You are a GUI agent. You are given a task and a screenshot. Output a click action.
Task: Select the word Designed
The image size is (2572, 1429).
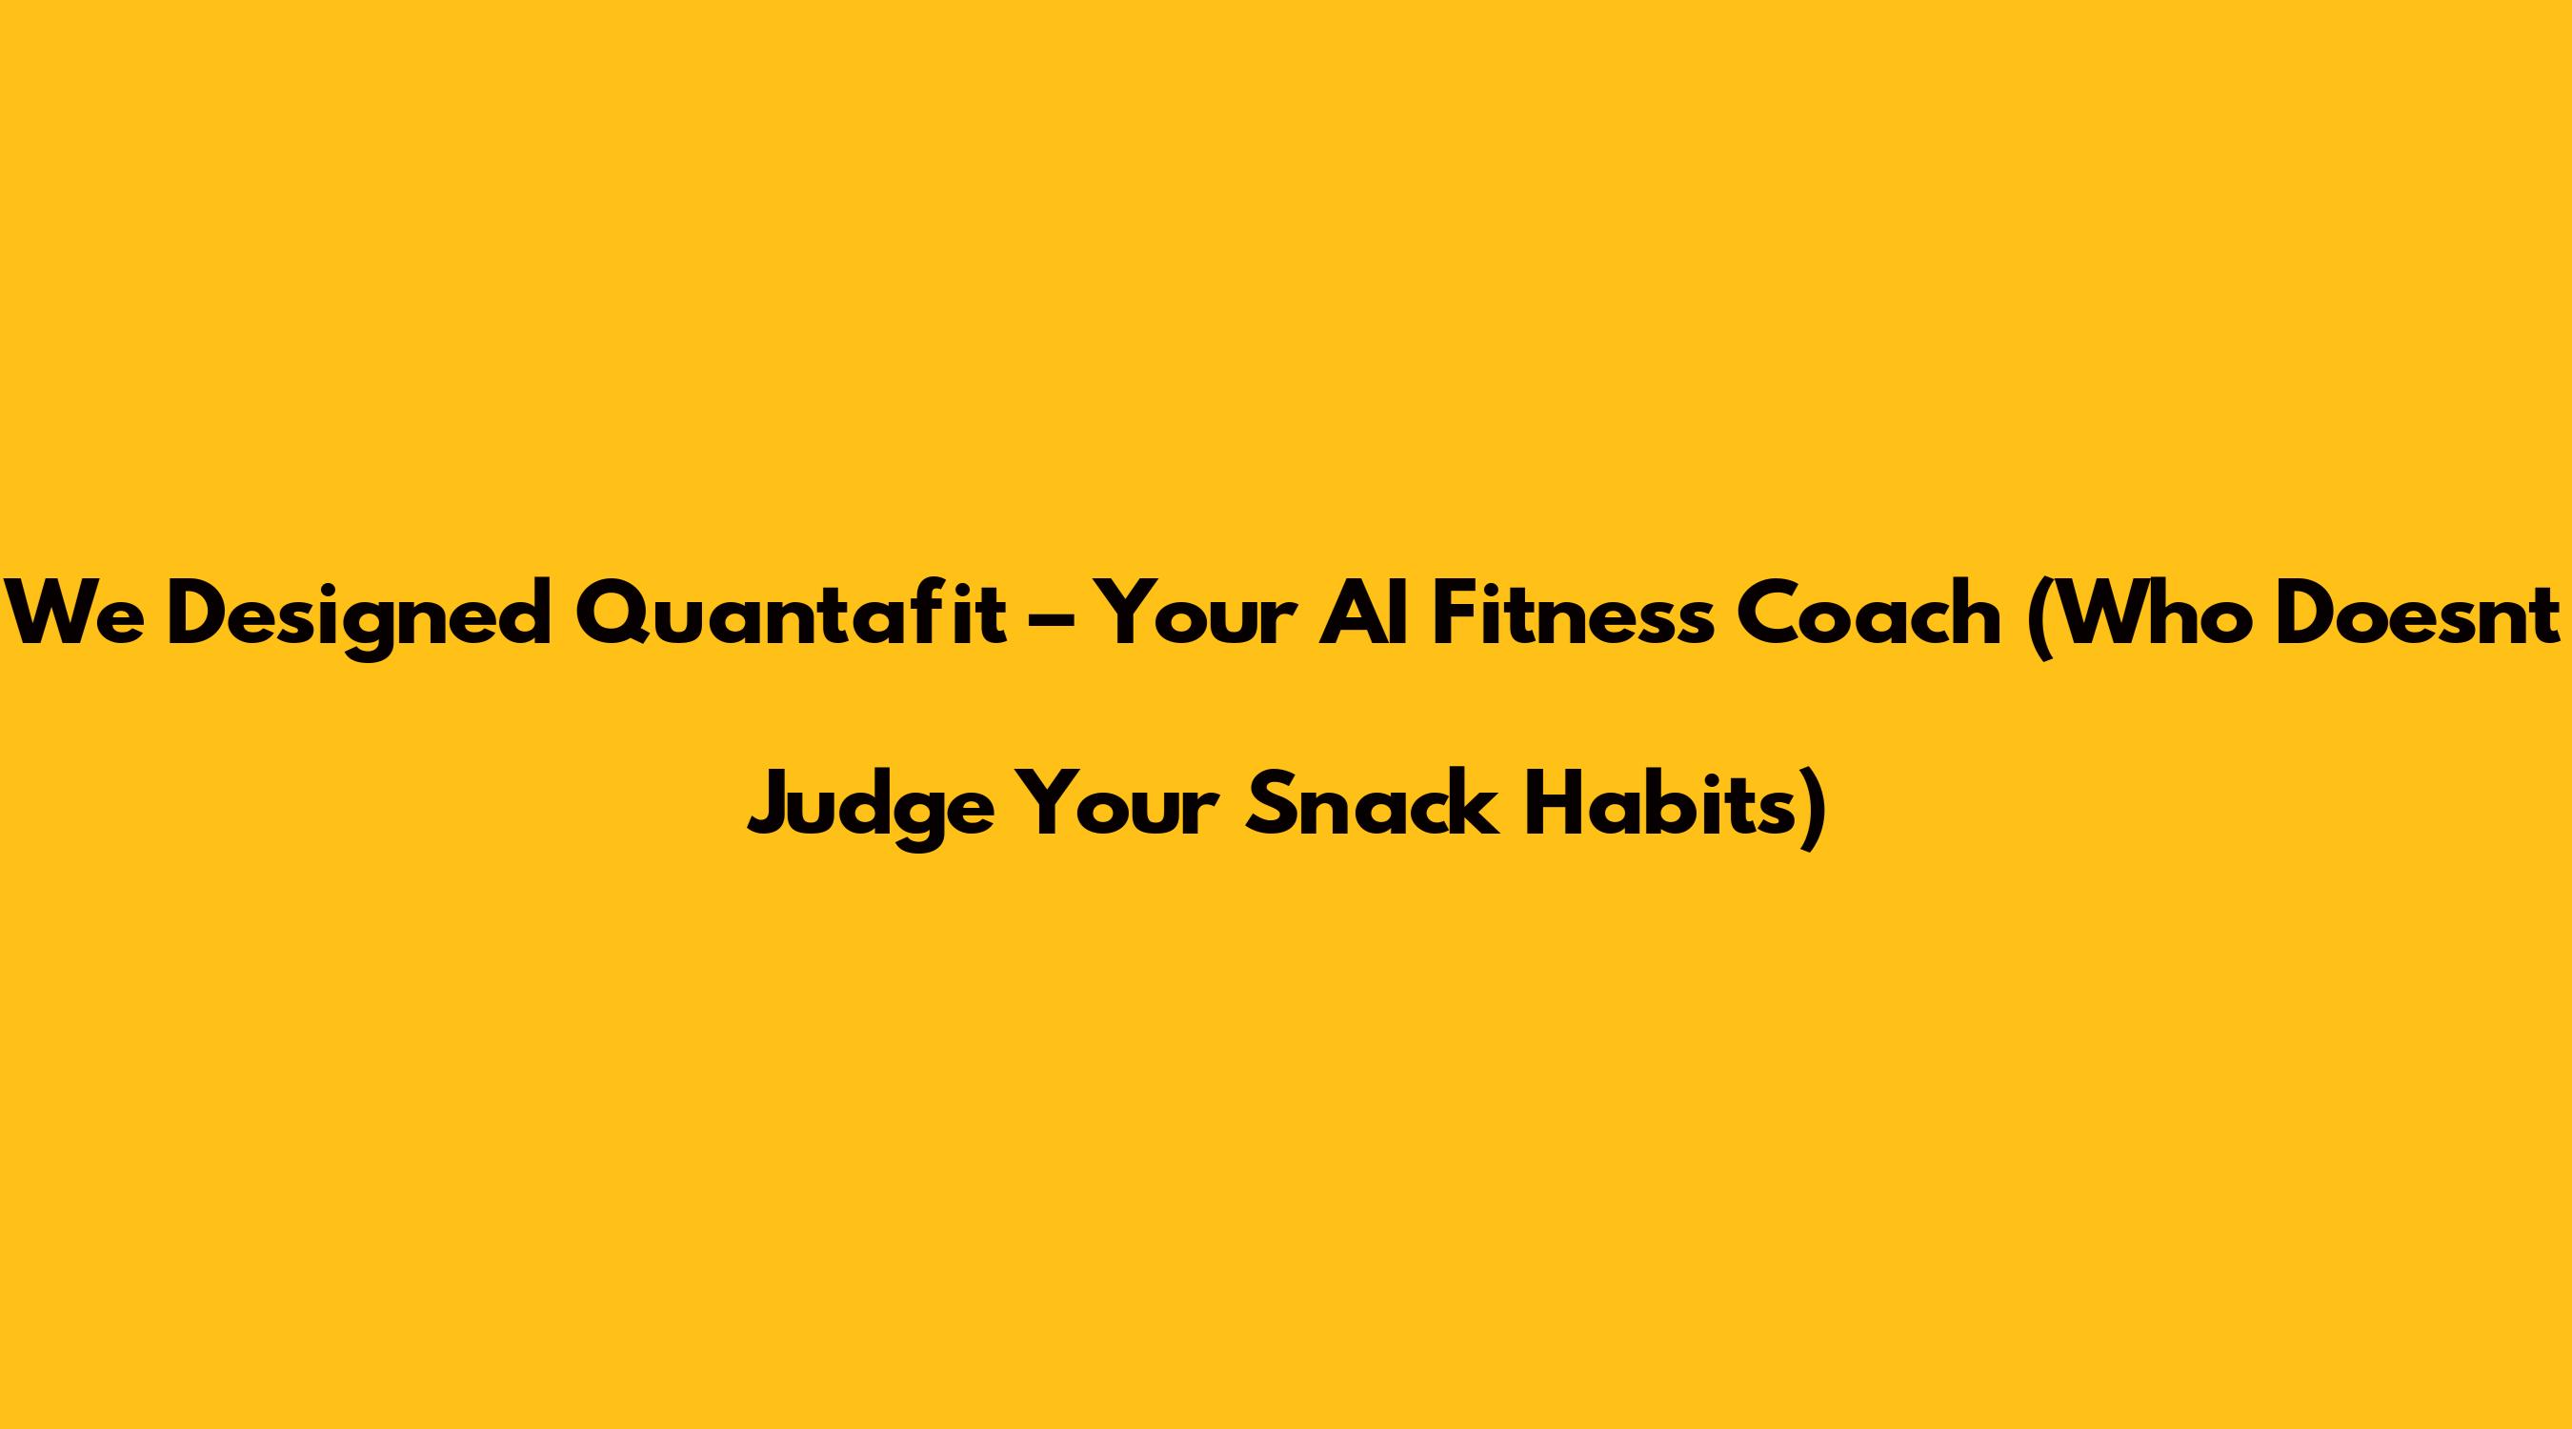(359, 619)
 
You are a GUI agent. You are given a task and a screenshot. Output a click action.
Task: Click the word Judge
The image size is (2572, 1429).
(871, 808)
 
